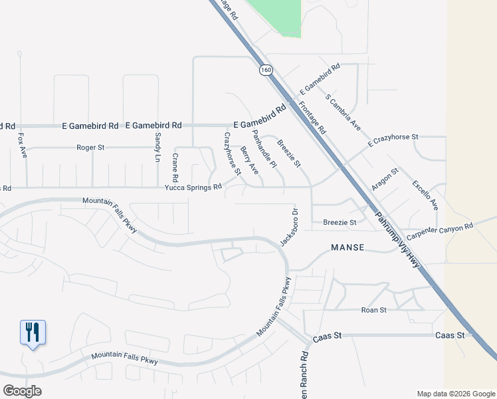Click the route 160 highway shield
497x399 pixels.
(x=266, y=70)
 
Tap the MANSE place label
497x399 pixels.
(x=348, y=247)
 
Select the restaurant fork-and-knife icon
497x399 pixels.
(x=33, y=331)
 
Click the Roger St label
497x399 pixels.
(x=91, y=147)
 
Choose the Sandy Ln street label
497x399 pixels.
(x=158, y=147)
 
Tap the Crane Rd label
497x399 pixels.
(x=175, y=167)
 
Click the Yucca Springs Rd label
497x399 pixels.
(x=193, y=188)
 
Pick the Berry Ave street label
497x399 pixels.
(x=250, y=160)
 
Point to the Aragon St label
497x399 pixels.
(x=385, y=180)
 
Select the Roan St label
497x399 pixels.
(x=373, y=310)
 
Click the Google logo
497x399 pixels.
(x=22, y=391)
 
